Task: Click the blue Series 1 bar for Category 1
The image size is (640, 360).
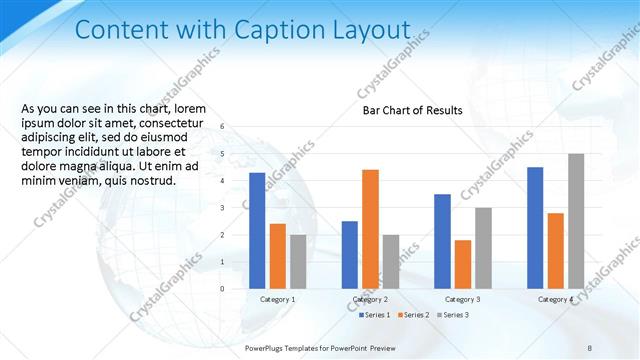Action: [x=257, y=230]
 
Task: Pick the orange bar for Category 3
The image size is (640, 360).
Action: [x=462, y=263]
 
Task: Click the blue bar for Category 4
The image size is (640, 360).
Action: [x=535, y=227]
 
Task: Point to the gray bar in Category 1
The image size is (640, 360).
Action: [x=298, y=261]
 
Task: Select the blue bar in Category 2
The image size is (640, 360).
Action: [x=349, y=254]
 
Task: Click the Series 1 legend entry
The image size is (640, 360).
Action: [x=373, y=315]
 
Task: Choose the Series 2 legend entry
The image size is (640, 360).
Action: [x=413, y=315]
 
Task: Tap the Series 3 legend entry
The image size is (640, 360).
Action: [x=452, y=315]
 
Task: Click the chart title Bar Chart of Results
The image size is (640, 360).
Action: [x=412, y=111]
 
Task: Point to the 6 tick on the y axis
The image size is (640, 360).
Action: [x=236, y=127]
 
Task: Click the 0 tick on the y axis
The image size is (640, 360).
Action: [x=236, y=288]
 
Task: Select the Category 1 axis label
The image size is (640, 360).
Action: [x=277, y=299]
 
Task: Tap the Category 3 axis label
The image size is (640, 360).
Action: [x=462, y=299]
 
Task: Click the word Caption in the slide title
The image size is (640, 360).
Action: [x=269, y=31]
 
